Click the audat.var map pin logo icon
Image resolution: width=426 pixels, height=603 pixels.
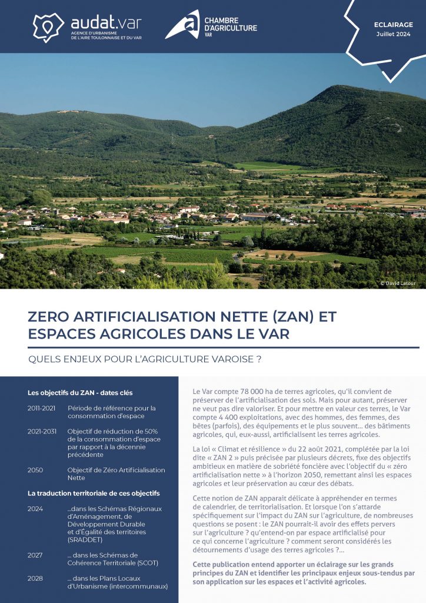click(48, 27)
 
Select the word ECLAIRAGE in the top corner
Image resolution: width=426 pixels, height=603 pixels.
click(394, 25)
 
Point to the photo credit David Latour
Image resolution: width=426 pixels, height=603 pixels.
click(398, 283)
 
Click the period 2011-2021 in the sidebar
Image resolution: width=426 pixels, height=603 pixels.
click(42, 408)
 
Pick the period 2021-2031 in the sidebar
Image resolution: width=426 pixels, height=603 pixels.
click(42, 431)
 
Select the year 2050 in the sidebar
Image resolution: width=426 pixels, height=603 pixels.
click(35, 470)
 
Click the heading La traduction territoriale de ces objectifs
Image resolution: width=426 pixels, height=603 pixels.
click(94, 493)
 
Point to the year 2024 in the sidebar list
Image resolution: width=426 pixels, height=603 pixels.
click(35, 509)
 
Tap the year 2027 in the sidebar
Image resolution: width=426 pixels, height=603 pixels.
click(35, 555)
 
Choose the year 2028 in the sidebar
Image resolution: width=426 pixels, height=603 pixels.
click(35, 578)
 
